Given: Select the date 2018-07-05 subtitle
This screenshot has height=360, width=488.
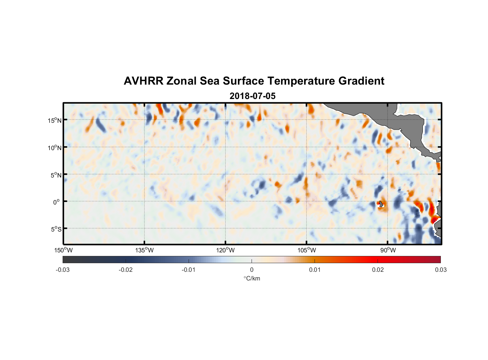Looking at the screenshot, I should [x=252, y=96].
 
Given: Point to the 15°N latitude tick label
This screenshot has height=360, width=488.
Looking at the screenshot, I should [x=54, y=120].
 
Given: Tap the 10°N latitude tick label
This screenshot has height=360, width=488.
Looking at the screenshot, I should [x=54, y=148].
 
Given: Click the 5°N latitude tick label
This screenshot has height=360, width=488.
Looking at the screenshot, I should [x=56, y=175].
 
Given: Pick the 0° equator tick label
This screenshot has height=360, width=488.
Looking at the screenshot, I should [x=57, y=202].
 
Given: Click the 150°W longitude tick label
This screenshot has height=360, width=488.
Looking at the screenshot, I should [x=63, y=250].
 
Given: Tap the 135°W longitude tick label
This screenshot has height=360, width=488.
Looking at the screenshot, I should [x=144, y=250].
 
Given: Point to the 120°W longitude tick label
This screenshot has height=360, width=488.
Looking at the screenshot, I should [x=225, y=250].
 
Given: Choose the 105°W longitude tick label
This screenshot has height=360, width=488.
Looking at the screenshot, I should [x=307, y=250].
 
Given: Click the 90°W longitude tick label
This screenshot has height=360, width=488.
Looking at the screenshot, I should [x=388, y=250].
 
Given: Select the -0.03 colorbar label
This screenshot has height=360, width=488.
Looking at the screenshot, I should [x=63, y=270].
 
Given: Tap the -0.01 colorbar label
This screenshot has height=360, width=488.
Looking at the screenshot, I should [x=189, y=270].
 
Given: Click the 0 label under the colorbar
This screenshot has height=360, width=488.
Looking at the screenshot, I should [x=252, y=270].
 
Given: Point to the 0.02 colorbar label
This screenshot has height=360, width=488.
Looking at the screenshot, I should [x=378, y=270].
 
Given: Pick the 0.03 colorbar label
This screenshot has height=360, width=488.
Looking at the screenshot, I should [x=440, y=270].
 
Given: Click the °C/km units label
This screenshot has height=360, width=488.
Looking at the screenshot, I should [x=252, y=278].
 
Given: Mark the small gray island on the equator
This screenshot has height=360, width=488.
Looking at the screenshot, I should [x=381, y=204].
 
